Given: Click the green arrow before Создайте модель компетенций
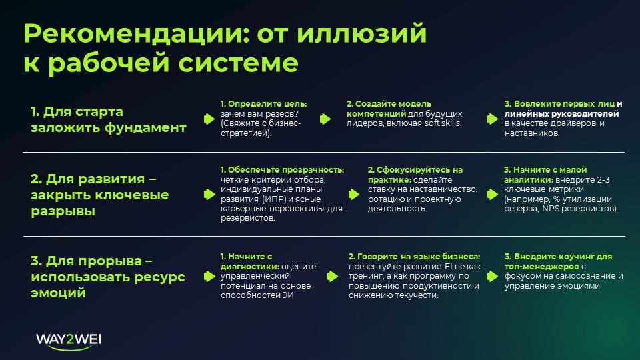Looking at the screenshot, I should [326, 119].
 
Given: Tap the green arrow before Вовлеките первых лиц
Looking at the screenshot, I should [492, 119].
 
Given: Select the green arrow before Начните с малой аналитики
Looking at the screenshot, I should [492, 194].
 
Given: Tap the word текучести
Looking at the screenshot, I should [417, 295].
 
